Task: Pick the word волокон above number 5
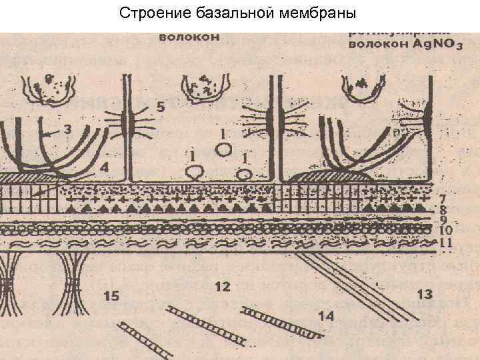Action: coord(189,37)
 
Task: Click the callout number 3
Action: coord(67,131)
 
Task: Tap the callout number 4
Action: coord(104,168)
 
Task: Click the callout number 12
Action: coord(223,287)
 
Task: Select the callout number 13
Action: coord(423,293)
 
